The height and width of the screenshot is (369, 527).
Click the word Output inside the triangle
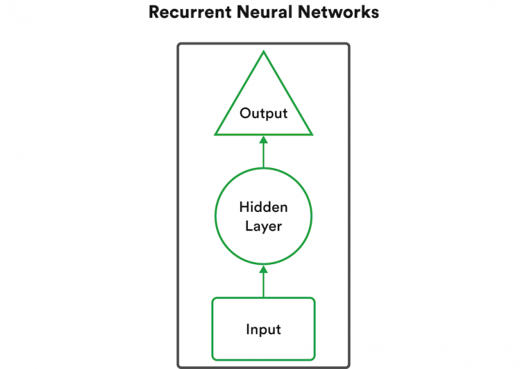tap(263, 113)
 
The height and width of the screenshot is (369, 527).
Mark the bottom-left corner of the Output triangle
tap(216, 134)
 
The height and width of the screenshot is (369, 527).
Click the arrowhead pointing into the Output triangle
tap(263, 140)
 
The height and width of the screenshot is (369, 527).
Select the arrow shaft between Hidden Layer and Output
tap(263, 156)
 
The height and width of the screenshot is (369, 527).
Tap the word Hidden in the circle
tap(263, 206)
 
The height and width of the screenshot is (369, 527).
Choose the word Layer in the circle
tap(263, 226)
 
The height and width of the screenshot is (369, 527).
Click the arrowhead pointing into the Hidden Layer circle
tap(263, 270)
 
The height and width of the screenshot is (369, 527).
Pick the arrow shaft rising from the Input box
tap(263, 286)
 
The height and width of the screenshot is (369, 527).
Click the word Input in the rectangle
tap(263, 330)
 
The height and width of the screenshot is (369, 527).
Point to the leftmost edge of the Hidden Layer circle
tap(215, 217)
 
